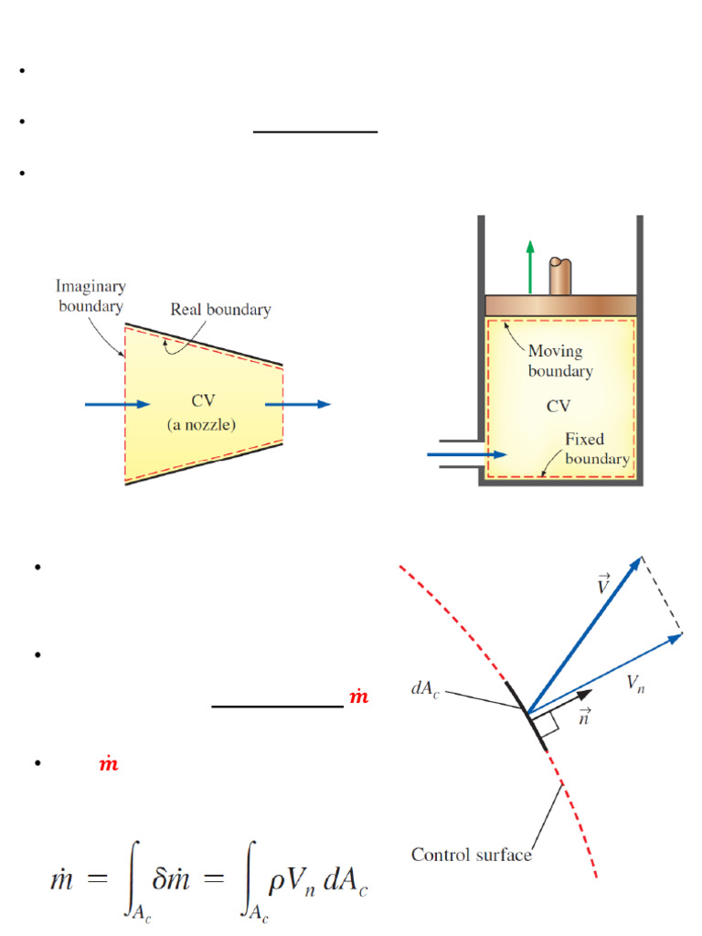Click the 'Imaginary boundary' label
tap(90, 296)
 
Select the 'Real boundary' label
tap(220, 309)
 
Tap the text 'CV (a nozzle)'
tap(202, 412)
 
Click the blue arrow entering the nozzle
tap(117, 404)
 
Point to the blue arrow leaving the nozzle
tap(297, 404)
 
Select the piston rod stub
tap(560, 276)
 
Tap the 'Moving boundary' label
tap(560, 360)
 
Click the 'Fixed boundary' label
tap(597, 449)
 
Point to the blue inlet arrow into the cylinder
tap(467, 454)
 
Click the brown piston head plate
tap(560, 305)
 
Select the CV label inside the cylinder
tap(558, 406)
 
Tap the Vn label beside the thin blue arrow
tap(636, 683)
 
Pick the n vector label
tap(585, 716)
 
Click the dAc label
tap(425, 689)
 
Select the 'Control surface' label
tap(471, 855)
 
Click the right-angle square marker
tap(547, 724)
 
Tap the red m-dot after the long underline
tap(358, 696)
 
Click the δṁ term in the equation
tap(171, 879)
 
